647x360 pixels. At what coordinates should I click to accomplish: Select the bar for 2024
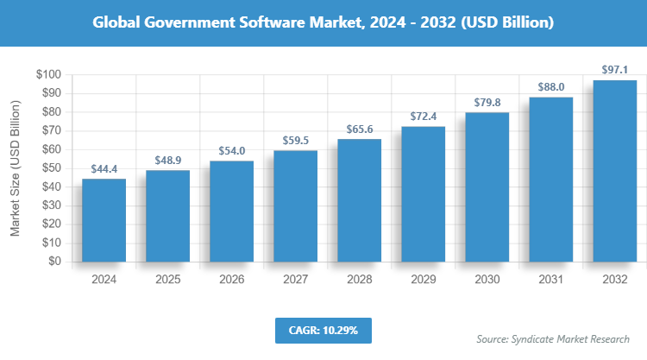pos(104,220)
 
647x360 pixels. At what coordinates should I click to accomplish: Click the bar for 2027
pos(295,206)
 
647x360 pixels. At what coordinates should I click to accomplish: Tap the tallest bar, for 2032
pos(614,171)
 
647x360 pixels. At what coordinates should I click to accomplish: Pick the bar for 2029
pos(423,194)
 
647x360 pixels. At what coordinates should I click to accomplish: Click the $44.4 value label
pos(104,169)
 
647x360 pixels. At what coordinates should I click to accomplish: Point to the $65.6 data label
pos(359,129)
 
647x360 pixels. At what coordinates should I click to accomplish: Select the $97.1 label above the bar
pos(614,71)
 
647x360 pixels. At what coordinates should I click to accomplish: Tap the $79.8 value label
pos(487,103)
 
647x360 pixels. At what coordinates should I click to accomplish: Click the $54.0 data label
pos(231,151)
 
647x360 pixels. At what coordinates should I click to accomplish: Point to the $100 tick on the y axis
pos(47,75)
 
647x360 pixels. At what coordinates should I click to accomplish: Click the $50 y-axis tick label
pos(49,168)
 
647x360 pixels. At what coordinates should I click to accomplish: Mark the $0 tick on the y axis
pos(53,262)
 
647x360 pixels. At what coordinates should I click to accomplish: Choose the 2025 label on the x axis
pos(167,280)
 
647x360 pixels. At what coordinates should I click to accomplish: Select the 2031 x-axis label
pos(550,280)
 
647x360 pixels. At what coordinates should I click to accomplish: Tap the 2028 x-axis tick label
pos(359,280)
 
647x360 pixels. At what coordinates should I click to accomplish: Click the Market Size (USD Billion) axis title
pos(16,168)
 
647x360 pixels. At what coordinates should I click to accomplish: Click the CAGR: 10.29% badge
pos(323,330)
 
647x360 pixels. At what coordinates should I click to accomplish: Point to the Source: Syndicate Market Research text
pos(553,338)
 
